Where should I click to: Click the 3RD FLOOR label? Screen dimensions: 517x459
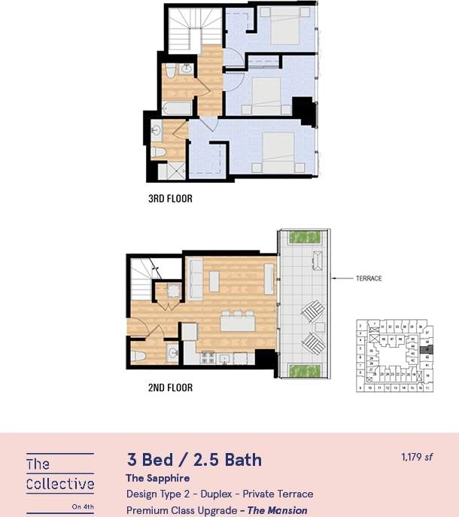[x=170, y=199]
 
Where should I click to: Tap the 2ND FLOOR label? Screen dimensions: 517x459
[x=170, y=388]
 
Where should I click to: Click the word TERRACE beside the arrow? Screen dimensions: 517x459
[x=369, y=278]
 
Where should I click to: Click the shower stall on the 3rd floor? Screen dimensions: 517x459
[x=173, y=171]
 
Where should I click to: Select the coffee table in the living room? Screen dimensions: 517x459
[x=214, y=281]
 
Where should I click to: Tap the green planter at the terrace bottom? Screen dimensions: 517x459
[x=305, y=370]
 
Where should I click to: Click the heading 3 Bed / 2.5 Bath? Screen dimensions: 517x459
[x=194, y=460]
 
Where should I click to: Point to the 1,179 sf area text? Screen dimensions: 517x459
[x=418, y=457]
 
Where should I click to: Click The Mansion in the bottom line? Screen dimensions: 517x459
[x=278, y=510]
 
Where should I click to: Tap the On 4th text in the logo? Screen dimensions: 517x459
[x=83, y=506]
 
